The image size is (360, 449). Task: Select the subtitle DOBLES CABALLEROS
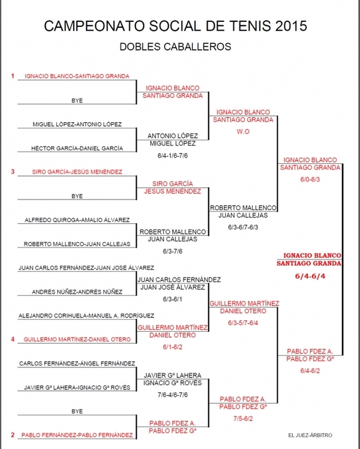(x=175, y=47)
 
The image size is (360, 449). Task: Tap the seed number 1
(x=12, y=76)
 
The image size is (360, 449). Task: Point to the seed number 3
(x=12, y=171)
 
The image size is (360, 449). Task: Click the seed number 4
(x=12, y=339)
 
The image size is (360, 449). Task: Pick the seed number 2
(x=12, y=435)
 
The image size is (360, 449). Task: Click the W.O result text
(x=243, y=132)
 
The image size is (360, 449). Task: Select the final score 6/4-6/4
(x=310, y=276)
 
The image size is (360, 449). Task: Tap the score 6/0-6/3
(x=310, y=180)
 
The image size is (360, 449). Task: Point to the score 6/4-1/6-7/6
(x=173, y=156)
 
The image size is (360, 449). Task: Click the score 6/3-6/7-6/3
(x=243, y=228)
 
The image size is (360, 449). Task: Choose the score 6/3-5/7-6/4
(x=243, y=323)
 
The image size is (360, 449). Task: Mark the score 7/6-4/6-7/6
(x=173, y=395)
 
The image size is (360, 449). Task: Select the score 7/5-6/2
(x=243, y=418)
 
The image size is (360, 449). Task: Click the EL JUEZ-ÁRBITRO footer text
(x=310, y=435)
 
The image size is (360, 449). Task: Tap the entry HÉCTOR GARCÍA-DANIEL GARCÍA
(x=77, y=148)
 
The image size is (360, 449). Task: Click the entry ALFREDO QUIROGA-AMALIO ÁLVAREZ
(x=77, y=220)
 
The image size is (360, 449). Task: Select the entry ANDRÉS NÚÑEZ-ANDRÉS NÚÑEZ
(x=77, y=292)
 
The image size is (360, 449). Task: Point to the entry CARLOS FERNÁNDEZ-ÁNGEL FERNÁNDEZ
(x=77, y=364)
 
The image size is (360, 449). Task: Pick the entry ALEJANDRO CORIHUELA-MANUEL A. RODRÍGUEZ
(x=86, y=316)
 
